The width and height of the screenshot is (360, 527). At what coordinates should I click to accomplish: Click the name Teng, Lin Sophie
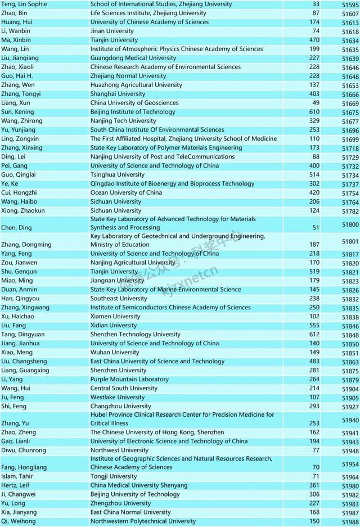24,4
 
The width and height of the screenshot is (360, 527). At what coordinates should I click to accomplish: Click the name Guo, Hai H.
17,76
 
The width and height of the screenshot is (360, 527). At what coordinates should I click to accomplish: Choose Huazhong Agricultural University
136,85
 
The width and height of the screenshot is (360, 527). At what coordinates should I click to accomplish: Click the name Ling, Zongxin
20,139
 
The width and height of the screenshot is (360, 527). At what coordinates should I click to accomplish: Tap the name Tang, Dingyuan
22,335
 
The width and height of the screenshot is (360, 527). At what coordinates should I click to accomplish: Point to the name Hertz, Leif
17,485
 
